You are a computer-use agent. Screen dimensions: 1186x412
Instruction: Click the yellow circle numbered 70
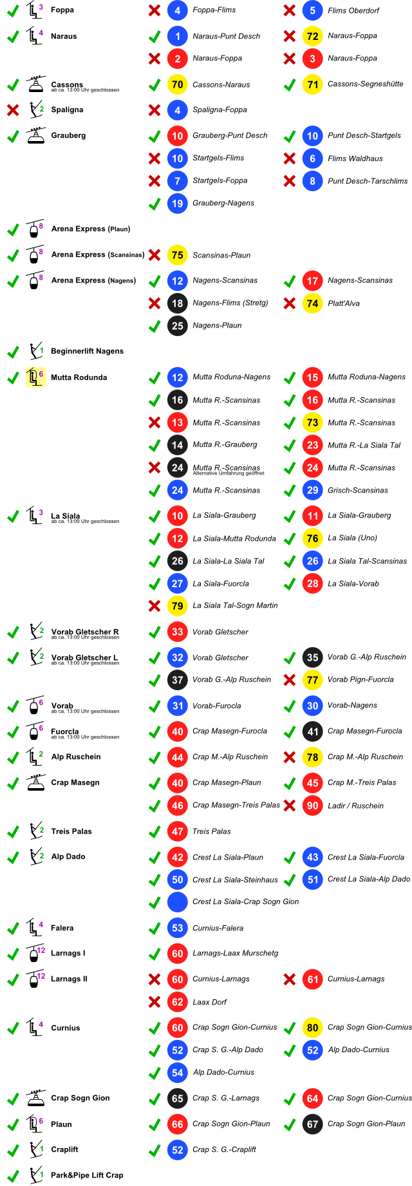[x=177, y=84]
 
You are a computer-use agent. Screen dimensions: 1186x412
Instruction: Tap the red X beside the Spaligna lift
[x=13, y=110]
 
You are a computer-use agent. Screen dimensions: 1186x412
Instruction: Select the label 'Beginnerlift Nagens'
[x=87, y=351]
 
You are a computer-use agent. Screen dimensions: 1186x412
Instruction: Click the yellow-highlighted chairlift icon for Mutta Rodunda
[x=35, y=377]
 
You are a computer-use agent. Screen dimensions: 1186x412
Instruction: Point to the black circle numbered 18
[x=177, y=303]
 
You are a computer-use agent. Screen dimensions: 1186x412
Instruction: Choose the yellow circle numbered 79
[x=177, y=606]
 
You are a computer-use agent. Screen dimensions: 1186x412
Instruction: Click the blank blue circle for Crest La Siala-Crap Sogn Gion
[x=177, y=902]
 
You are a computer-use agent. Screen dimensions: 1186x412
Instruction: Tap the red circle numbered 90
[x=312, y=805]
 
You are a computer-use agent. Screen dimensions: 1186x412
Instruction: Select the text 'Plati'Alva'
[x=343, y=303]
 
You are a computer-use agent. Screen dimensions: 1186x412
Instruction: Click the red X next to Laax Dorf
[x=154, y=1002]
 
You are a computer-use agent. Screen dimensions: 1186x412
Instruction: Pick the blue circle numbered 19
[x=177, y=203]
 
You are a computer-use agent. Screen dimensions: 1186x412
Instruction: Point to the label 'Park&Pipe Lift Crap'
[x=87, y=1175]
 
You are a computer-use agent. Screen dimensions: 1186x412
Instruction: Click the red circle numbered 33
[x=177, y=632]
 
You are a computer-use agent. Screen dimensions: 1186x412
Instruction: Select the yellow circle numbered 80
[x=312, y=1028]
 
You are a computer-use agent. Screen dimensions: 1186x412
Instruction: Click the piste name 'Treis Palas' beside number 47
[x=211, y=831]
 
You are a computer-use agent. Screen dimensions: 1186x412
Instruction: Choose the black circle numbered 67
[x=312, y=1124]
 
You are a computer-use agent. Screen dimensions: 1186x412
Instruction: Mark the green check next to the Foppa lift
[x=13, y=10]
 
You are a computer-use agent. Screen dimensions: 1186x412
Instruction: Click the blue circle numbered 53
[x=177, y=928]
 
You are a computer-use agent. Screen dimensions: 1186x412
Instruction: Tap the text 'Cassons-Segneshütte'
[x=365, y=84]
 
